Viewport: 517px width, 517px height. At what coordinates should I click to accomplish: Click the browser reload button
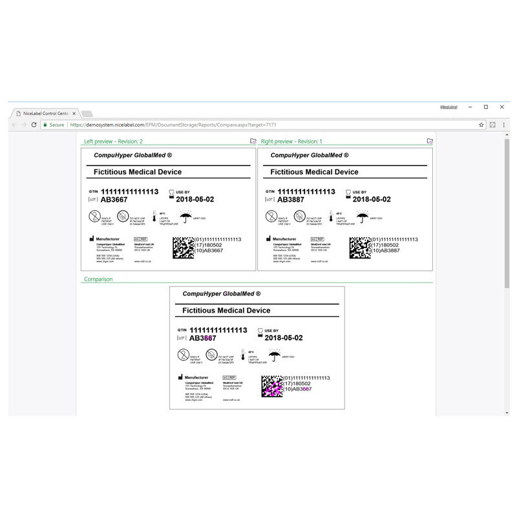pos(34,125)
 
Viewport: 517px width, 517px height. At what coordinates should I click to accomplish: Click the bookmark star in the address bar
pos(481,125)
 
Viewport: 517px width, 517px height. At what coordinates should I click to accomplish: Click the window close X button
pos(502,107)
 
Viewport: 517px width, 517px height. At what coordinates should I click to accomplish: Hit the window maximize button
pos(486,107)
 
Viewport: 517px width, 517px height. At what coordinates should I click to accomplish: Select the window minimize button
pos(470,107)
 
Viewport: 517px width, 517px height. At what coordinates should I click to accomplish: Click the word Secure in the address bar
pos(57,125)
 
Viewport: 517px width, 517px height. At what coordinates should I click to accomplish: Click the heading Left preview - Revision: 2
pos(114,142)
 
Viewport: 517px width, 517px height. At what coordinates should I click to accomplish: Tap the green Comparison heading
pos(98,280)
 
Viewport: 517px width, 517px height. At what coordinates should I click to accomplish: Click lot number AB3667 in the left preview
pos(114,200)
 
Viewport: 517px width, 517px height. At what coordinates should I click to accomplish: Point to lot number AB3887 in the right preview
pos(291,200)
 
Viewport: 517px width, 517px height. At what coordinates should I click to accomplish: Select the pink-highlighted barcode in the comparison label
pos(271,385)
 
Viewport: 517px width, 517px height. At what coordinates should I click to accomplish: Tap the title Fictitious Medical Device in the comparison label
pos(226,311)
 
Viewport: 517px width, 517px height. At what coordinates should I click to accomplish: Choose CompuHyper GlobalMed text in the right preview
pos(310,156)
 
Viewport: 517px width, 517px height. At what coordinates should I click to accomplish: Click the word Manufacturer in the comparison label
pos(200,377)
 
